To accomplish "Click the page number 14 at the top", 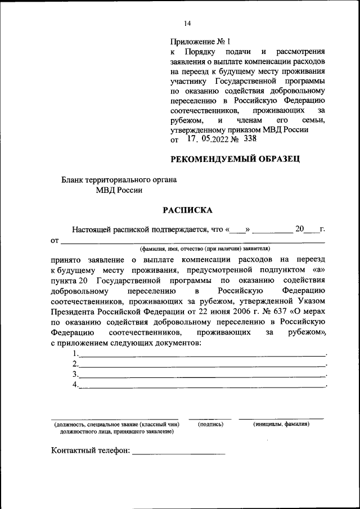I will point(187,23).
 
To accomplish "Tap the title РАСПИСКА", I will point(187,210).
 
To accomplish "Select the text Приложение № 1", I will point(200,42).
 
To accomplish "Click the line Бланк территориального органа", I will point(119,180).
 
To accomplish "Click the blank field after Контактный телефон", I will point(178,452).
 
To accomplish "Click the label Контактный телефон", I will point(91,450).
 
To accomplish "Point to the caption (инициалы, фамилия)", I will point(281,424).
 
